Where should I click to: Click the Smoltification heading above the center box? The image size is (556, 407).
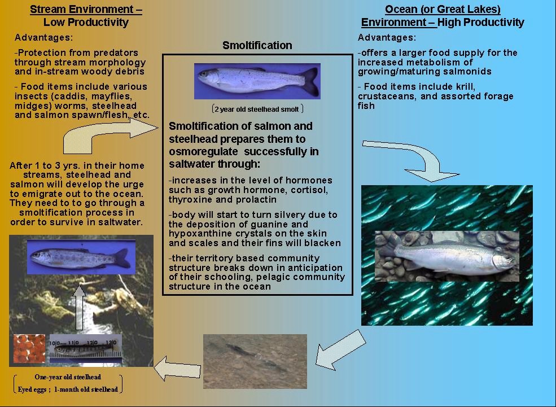tap(257, 45)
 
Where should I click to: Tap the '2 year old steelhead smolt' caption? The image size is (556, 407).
tap(257, 109)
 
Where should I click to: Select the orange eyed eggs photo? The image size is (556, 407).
tap(29, 349)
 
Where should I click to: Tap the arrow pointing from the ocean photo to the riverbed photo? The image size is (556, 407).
tap(340, 349)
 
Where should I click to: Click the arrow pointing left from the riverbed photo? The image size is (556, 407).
tap(177, 369)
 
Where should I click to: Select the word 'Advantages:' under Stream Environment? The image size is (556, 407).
tap(43, 38)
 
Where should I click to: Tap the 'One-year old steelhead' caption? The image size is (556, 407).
tap(68, 377)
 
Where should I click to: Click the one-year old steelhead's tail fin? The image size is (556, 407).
tap(122, 258)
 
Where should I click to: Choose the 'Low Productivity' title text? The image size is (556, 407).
tap(86, 23)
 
